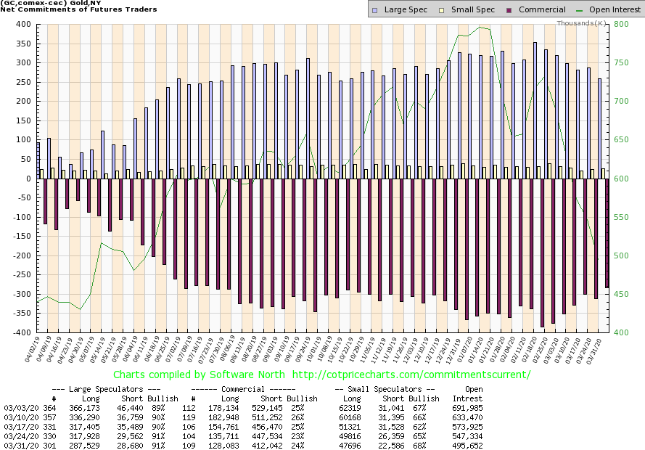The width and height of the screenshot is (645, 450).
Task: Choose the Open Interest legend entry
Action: pos(607,9)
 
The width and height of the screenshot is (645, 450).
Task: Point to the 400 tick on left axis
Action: pos(22,24)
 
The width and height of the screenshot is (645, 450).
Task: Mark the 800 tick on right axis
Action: pos(621,24)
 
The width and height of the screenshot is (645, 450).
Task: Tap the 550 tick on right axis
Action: pos(621,217)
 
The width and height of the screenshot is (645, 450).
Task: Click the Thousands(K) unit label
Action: pos(582,23)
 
